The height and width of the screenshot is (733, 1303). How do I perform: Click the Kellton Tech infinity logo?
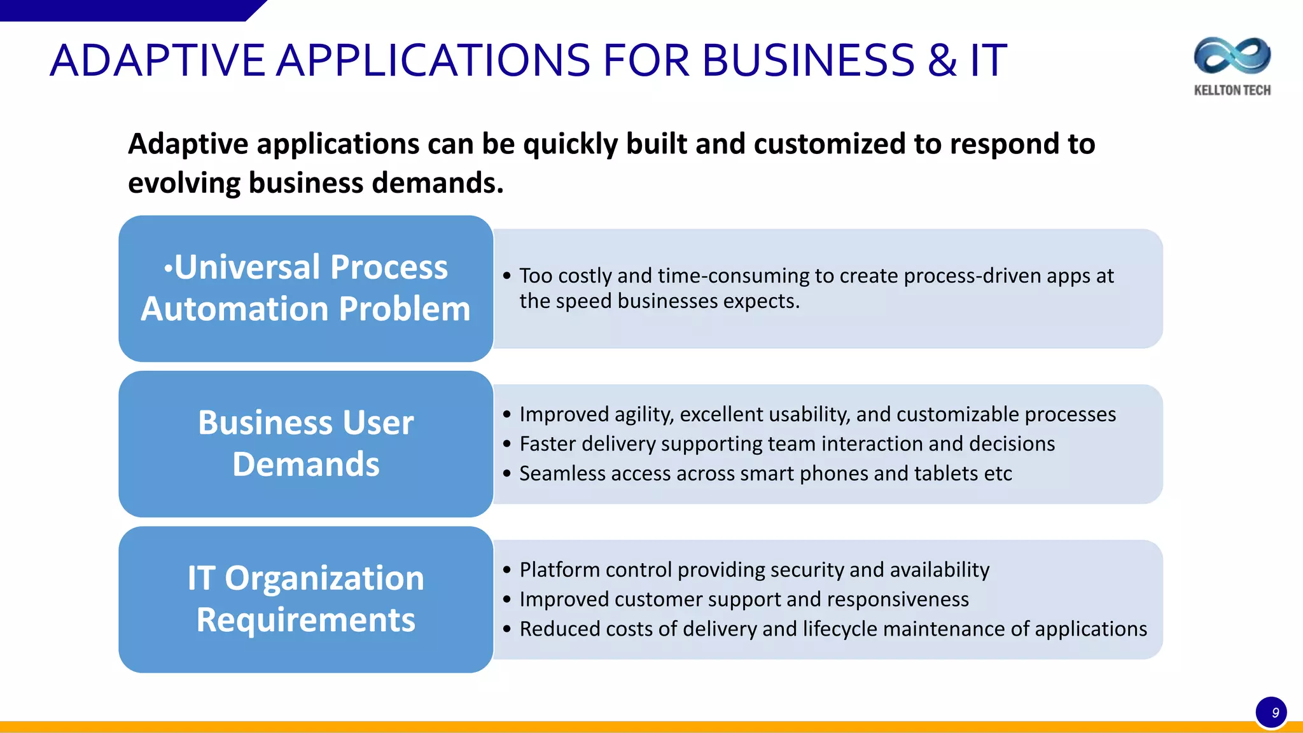pos(1232,55)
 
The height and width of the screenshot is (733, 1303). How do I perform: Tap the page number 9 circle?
pos(1271,713)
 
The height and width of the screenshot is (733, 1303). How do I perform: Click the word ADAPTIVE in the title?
pos(157,61)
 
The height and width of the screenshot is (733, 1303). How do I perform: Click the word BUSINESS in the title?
pos(809,61)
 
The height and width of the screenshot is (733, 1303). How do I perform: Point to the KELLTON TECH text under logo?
pos(1232,90)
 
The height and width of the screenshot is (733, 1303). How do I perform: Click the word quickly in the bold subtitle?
pos(570,144)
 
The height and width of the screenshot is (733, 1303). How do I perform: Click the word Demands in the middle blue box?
pos(306,464)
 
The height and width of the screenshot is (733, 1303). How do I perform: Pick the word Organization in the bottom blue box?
pos(324,579)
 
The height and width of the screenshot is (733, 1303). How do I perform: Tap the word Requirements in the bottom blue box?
pos(306,620)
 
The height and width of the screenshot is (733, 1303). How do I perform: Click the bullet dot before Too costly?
pos(506,276)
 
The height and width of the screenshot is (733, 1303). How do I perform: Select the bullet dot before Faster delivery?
pos(506,444)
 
